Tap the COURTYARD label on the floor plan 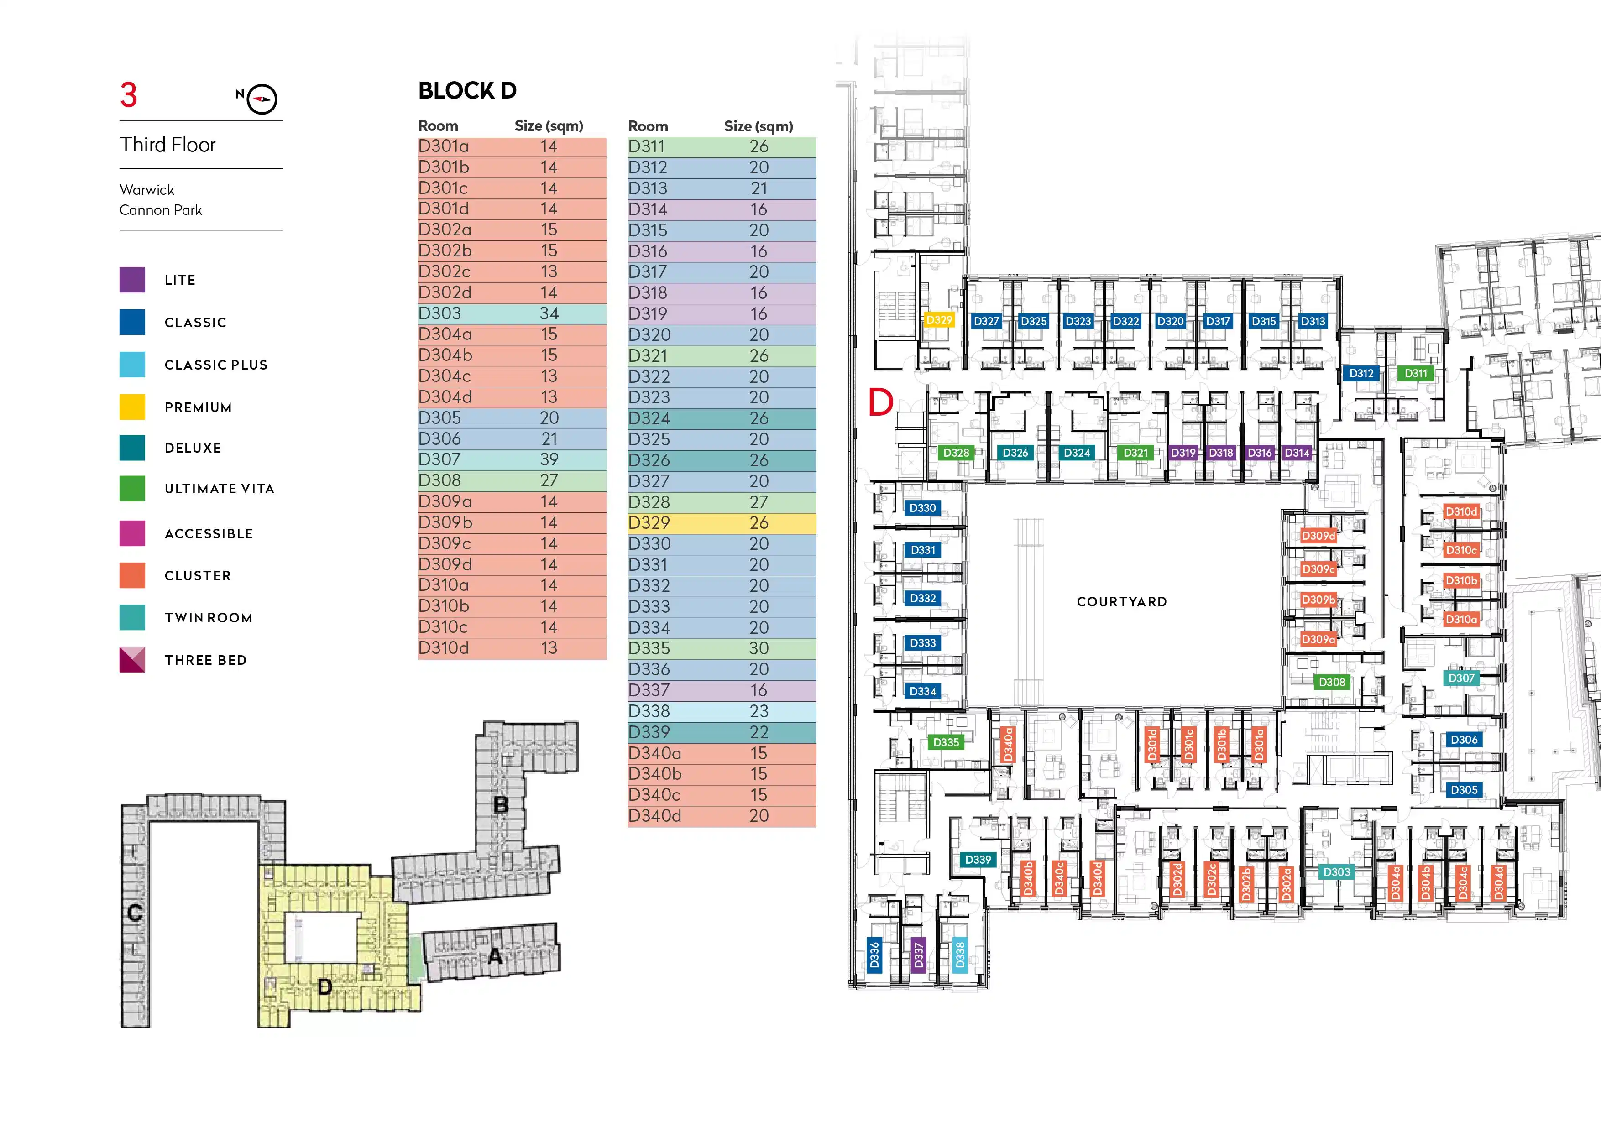(1121, 601)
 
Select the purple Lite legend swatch (132, 280)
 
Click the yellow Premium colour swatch (132, 407)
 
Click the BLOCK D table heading (467, 91)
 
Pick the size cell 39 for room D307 (549, 459)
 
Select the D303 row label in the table (440, 313)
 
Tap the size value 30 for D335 (759, 648)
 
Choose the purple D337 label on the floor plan (918, 955)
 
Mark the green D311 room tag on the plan (1416, 373)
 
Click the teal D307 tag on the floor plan (1461, 678)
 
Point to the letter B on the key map (501, 805)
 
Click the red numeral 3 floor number (129, 95)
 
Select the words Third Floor (167, 145)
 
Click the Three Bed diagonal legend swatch (132, 659)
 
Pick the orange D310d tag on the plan (1461, 511)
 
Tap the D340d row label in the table (655, 815)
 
